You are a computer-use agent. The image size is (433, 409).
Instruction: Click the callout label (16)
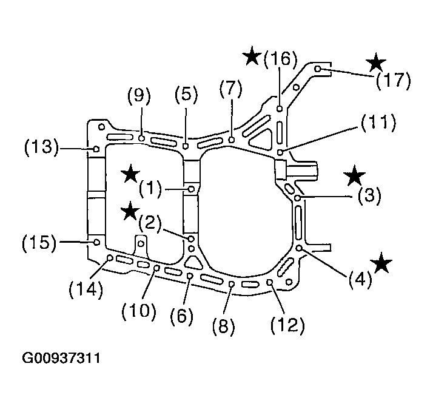point(280,58)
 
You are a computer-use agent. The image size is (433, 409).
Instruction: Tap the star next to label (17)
point(376,62)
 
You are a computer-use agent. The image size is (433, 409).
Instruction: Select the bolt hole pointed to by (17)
point(318,69)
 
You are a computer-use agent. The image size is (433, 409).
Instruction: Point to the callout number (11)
point(378,122)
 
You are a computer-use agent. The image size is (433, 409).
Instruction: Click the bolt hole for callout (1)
point(191,189)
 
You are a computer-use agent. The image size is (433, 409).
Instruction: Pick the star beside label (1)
point(130,173)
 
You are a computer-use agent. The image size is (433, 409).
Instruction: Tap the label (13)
point(42,147)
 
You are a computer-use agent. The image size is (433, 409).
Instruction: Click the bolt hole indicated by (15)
point(96,242)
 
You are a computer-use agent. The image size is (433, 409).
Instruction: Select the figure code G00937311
point(61,358)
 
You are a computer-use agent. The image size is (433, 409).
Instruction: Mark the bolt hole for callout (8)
point(232,284)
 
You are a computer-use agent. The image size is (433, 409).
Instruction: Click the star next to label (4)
point(381,262)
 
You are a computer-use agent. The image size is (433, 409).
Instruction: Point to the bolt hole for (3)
point(298,198)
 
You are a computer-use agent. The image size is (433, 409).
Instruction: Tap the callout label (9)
point(139,96)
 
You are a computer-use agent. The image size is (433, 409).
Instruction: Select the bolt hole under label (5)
point(186,146)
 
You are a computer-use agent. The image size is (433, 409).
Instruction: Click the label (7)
point(231,89)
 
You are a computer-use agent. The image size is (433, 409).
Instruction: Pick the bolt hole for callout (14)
point(110,258)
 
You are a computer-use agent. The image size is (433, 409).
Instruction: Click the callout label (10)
point(139,310)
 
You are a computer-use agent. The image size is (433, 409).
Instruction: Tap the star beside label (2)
point(130,211)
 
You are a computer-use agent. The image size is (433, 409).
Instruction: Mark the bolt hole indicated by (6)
point(190,275)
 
